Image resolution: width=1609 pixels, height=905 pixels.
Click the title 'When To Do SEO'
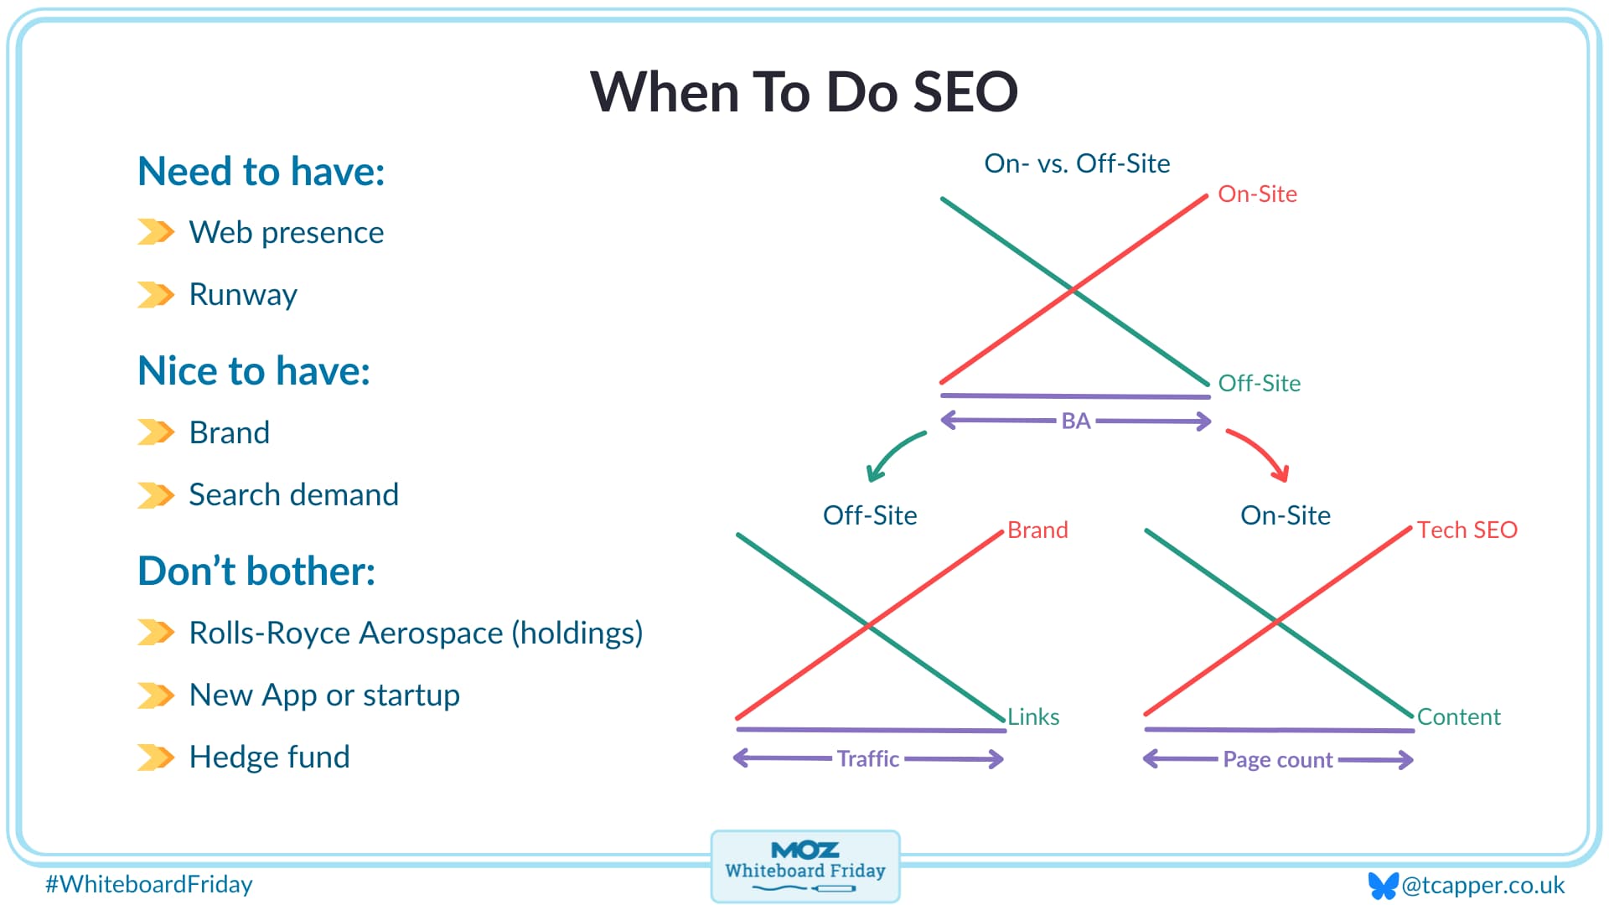(804, 91)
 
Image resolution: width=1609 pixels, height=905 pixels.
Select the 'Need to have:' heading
(261, 172)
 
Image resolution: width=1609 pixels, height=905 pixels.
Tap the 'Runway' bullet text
(243, 295)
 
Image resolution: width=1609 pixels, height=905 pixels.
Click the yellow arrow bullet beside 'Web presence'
(156, 232)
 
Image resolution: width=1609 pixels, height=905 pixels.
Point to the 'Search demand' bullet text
(293, 494)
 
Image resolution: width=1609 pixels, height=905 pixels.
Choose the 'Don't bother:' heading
(256, 571)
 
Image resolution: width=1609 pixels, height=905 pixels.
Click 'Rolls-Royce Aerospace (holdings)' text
(416, 633)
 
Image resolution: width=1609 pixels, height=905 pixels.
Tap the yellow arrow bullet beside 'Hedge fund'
(156, 758)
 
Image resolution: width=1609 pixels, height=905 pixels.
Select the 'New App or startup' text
(324, 696)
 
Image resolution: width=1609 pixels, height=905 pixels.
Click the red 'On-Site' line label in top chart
(1257, 194)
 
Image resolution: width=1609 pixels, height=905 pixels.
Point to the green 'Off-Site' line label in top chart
(1259, 384)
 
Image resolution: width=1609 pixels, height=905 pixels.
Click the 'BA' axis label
(1076, 421)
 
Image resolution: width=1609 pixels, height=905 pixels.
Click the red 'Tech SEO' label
(1467, 530)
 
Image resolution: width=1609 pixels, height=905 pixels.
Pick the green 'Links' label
(1033, 717)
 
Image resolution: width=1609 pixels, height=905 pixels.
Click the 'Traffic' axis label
(868, 759)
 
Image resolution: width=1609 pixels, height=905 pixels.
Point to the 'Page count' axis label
(1278, 760)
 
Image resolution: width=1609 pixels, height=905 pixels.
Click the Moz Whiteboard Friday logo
(805, 866)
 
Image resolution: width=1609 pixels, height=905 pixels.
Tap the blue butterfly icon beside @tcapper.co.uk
(1383, 886)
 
